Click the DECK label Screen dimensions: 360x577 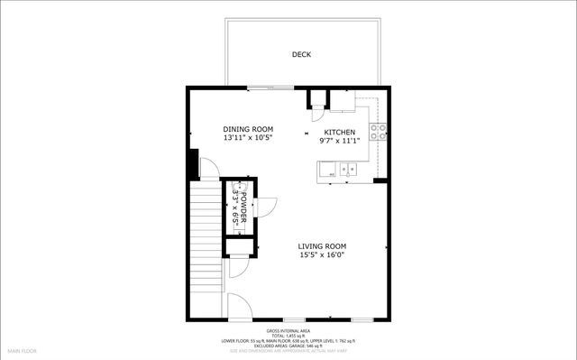pos(301,55)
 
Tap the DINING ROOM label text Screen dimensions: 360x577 pos(248,129)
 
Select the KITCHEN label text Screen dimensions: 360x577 pos(339,132)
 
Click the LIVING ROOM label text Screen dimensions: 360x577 pos(323,246)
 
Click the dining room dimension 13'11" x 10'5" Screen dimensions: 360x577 pos(248,139)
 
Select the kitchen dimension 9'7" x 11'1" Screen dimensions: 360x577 pos(339,142)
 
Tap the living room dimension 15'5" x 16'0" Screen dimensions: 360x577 pos(323,255)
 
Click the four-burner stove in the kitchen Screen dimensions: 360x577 pos(380,132)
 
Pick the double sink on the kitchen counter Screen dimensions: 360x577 pos(347,169)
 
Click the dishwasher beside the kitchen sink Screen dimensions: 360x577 pos(326,169)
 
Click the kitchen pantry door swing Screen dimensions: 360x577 pos(317,113)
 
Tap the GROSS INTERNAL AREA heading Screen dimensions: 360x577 pos(289,331)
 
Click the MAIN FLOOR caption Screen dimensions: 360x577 pos(22,349)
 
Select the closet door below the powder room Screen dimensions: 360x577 pos(239,267)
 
